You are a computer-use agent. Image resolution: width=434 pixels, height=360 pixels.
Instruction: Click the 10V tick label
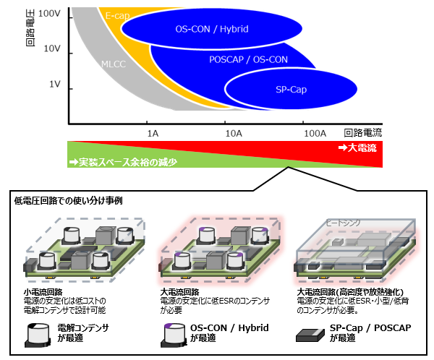pos(53,48)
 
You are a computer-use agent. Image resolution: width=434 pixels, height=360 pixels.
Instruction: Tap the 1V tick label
pos(55,85)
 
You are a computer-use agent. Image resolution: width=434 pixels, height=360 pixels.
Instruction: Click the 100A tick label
pos(315,133)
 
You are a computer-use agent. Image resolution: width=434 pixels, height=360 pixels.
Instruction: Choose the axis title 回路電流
pos(362,132)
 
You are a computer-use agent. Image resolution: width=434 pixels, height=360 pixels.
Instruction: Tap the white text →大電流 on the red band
pos(357,147)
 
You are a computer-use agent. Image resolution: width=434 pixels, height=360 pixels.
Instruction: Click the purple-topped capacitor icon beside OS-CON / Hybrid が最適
pos(174,332)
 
